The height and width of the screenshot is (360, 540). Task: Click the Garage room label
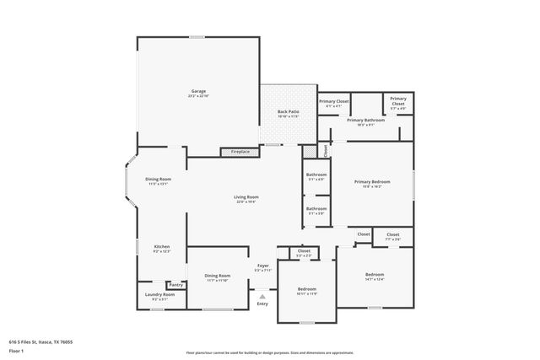198,91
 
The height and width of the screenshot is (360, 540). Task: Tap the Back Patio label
289,111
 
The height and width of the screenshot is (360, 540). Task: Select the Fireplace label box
240,152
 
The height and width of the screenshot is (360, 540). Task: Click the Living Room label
246,197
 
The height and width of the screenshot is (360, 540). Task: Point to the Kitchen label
161,247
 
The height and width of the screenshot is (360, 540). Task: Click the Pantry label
175,285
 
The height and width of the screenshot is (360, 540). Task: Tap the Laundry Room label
159,294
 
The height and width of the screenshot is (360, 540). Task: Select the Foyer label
263,266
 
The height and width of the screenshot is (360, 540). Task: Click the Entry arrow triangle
262,296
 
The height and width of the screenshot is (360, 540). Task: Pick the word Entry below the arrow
262,304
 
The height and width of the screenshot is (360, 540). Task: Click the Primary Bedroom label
372,181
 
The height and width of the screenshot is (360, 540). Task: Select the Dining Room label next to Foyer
218,276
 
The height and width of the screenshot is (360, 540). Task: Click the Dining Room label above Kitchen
159,179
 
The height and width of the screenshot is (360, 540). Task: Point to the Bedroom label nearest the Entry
306,289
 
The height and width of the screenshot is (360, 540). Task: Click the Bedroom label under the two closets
375,275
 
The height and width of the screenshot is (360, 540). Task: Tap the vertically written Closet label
326,150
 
